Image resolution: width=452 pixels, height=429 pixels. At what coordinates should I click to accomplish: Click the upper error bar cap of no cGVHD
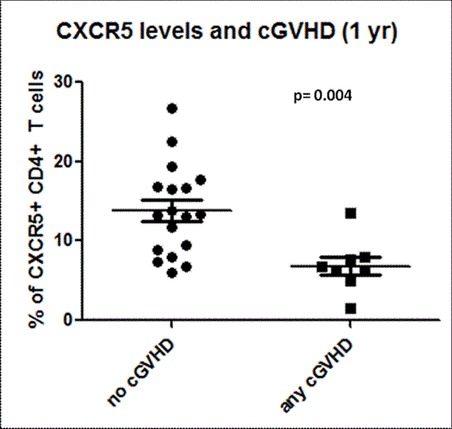172,199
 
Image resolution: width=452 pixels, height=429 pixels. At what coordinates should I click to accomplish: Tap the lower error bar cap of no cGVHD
172,222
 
